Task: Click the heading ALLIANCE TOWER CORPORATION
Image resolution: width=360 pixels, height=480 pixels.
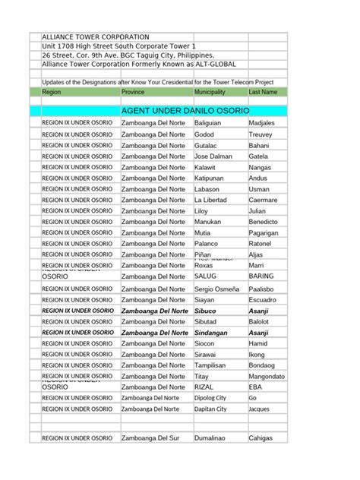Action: (x=95, y=36)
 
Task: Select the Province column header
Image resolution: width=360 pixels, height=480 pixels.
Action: (x=136, y=92)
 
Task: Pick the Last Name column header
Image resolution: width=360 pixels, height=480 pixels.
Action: (x=263, y=92)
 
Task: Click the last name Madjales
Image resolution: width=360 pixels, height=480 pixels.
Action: (x=262, y=123)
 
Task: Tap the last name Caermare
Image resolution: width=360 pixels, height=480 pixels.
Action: (x=264, y=200)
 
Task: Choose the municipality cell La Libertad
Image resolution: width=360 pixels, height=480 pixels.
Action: (x=211, y=200)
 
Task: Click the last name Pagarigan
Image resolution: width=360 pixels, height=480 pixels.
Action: (x=265, y=233)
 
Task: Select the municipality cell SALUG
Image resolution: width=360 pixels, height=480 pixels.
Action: (x=206, y=277)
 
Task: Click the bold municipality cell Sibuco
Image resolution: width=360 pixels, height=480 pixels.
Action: (x=207, y=311)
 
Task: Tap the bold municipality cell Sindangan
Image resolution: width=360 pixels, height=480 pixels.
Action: (x=212, y=333)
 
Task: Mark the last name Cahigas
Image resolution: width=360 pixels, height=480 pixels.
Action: (x=262, y=438)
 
